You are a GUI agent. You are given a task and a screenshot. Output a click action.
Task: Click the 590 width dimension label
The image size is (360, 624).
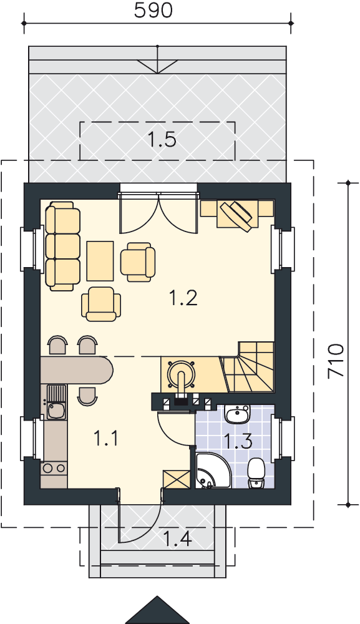(153, 11)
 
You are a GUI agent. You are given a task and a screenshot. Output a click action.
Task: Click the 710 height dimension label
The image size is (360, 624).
(335, 361)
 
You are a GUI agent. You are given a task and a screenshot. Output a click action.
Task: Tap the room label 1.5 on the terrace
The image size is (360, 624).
(162, 140)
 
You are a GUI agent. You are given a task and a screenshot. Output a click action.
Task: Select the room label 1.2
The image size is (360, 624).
(183, 298)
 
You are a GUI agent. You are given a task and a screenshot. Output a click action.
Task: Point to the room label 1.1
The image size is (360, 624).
(106, 438)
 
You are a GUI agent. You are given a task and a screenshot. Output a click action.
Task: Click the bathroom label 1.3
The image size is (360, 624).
(238, 441)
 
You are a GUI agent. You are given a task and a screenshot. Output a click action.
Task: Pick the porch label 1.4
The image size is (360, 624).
(177, 539)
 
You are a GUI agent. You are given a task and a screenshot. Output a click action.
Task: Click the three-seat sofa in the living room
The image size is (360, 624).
(62, 246)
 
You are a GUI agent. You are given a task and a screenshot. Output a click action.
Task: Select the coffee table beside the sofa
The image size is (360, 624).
(100, 261)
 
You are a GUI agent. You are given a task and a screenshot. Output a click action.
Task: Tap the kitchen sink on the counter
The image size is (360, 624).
(56, 402)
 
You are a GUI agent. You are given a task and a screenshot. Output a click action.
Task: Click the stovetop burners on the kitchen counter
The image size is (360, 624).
(54, 468)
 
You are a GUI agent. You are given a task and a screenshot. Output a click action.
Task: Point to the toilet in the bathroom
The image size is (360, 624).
(256, 474)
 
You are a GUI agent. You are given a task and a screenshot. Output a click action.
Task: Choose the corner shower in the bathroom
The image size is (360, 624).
(212, 470)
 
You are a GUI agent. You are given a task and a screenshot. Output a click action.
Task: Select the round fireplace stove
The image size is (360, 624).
(182, 373)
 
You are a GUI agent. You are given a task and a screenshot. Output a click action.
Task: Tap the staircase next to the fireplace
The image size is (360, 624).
(248, 367)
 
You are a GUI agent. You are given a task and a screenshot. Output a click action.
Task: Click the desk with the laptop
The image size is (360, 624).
(237, 213)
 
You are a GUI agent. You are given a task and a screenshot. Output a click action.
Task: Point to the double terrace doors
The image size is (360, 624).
(158, 213)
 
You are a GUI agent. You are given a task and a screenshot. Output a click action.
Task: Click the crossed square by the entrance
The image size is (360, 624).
(176, 479)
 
